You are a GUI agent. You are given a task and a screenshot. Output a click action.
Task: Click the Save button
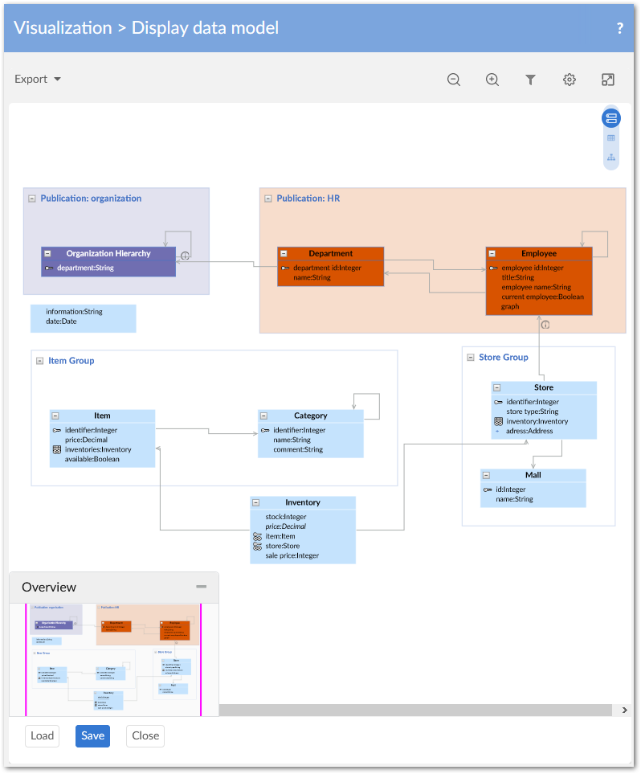coord(92,735)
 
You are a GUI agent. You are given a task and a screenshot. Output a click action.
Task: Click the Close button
coord(145,735)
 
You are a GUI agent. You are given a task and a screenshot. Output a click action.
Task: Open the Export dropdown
coord(38,79)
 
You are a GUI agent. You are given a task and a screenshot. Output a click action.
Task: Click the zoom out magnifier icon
coord(454,80)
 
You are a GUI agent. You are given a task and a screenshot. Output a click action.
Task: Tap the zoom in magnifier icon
coord(492,80)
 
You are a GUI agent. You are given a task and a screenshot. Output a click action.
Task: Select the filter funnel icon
coord(531,80)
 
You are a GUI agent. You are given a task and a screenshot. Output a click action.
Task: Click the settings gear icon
coord(570,80)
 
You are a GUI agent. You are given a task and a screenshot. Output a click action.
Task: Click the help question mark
coord(619,28)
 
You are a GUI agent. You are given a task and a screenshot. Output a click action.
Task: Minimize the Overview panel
coord(202,587)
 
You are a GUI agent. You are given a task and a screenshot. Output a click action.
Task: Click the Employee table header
coord(538,253)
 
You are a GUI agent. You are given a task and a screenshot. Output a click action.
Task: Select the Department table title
coord(330,253)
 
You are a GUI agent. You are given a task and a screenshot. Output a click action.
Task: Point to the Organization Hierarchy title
coord(108,253)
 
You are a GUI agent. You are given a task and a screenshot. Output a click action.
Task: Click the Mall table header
coord(533,475)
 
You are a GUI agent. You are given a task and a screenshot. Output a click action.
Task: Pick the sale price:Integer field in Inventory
coord(292,555)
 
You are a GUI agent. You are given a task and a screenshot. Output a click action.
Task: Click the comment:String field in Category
coord(297,449)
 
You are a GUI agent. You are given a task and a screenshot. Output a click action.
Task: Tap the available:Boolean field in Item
coord(92,459)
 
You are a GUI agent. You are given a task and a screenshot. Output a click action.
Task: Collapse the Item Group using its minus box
coord(39,361)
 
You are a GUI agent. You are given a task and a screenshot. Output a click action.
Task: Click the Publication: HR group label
coord(308,198)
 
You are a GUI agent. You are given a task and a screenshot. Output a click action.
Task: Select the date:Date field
coord(61,321)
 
